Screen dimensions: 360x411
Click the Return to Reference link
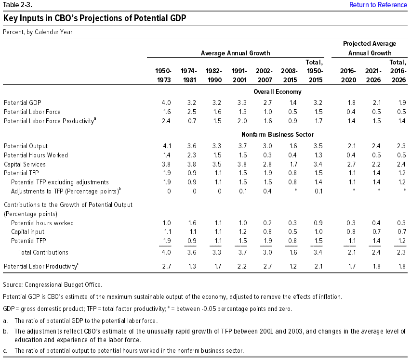point(378,5)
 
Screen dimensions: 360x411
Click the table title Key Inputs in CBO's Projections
point(94,19)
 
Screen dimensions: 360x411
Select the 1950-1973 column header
point(163,76)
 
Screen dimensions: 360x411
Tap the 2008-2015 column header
point(289,76)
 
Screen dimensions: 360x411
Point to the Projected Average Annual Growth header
point(370,48)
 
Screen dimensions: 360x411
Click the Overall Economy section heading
point(277,91)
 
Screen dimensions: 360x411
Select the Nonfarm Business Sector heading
point(277,134)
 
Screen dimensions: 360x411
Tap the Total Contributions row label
point(43,252)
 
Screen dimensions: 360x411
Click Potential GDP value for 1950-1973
point(166,103)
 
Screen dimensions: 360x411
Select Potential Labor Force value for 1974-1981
point(191,112)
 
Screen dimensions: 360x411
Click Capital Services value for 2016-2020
point(350,164)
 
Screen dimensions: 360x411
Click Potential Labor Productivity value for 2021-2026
point(375,266)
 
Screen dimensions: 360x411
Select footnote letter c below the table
point(4,351)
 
